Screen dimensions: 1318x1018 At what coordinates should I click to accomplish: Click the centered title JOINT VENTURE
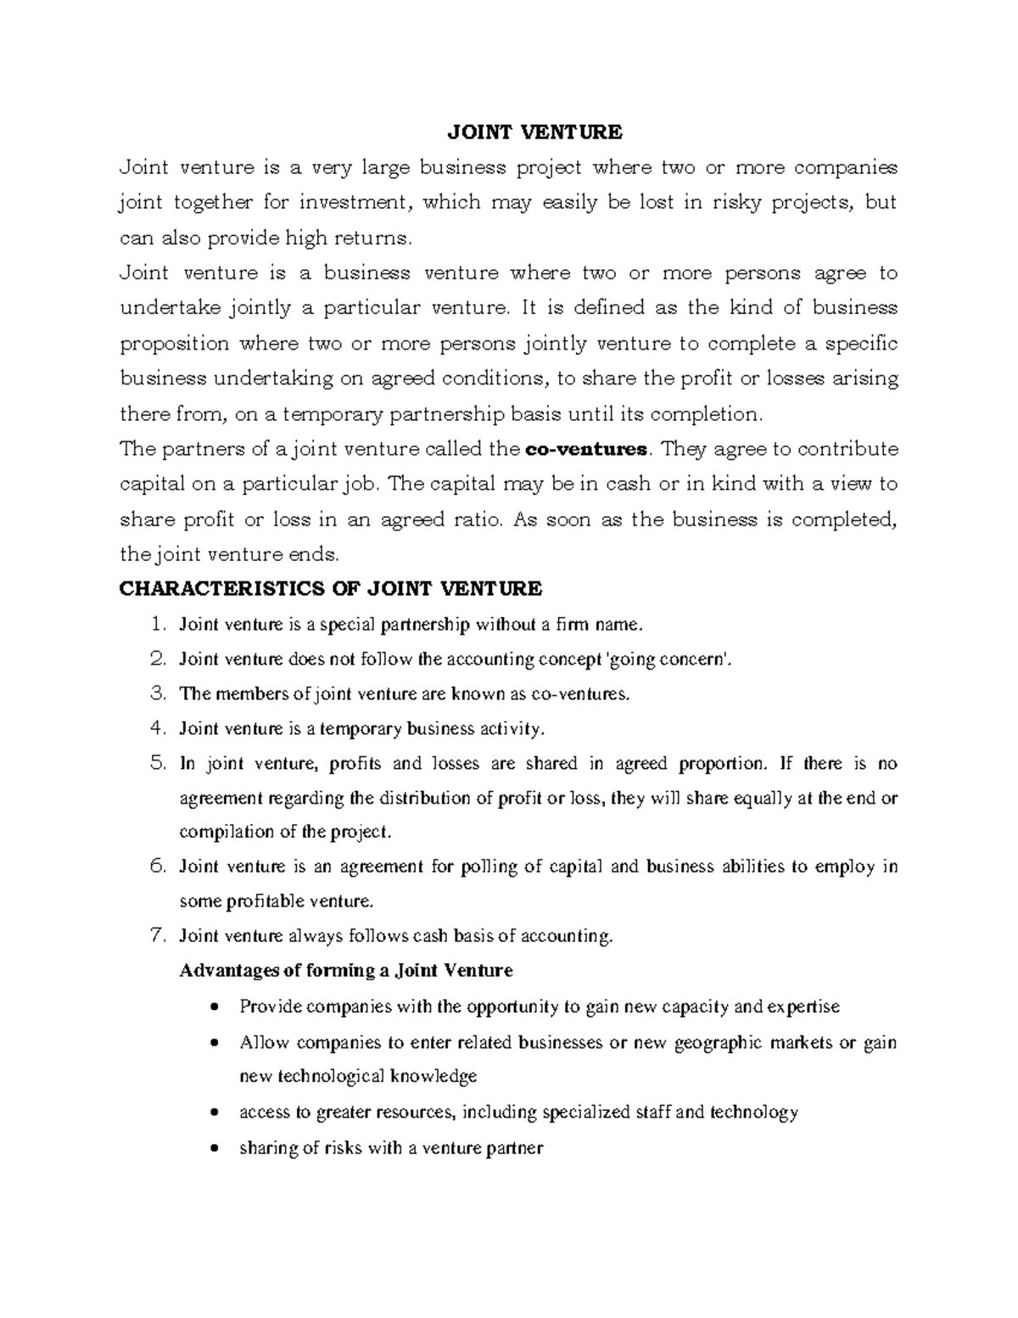point(534,132)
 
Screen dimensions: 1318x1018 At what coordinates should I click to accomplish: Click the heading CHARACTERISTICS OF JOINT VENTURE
point(330,588)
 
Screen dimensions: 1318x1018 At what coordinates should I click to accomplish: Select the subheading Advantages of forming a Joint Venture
point(346,970)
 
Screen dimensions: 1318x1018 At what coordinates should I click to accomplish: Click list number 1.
point(155,625)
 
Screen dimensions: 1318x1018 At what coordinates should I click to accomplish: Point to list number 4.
point(155,728)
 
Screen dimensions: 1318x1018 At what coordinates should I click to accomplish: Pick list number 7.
point(155,936)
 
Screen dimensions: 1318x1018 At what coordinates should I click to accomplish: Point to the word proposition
point(175,344)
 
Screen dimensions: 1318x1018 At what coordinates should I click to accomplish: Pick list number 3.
point(155,693)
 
